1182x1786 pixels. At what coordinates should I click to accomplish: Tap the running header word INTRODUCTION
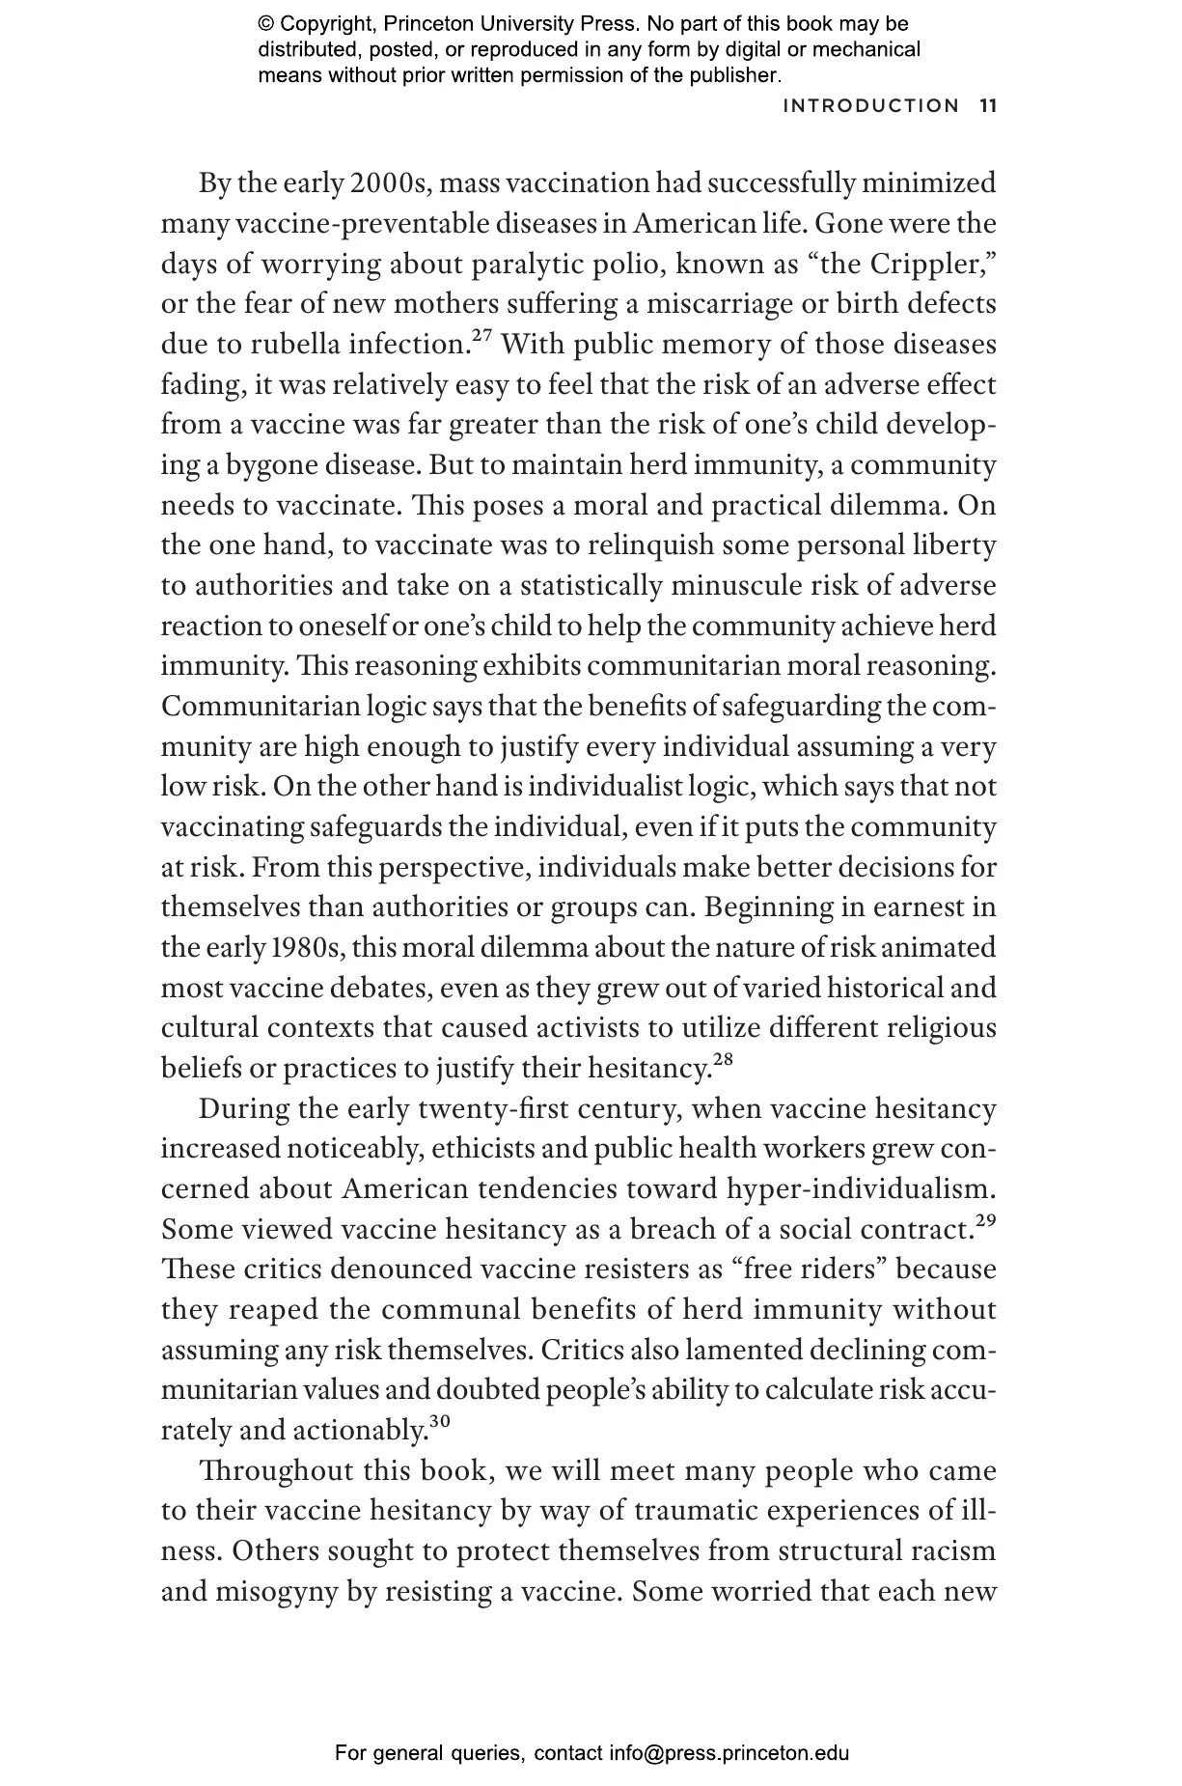point(871,105)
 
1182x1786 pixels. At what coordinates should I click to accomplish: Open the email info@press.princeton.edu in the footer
point(729,1752)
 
